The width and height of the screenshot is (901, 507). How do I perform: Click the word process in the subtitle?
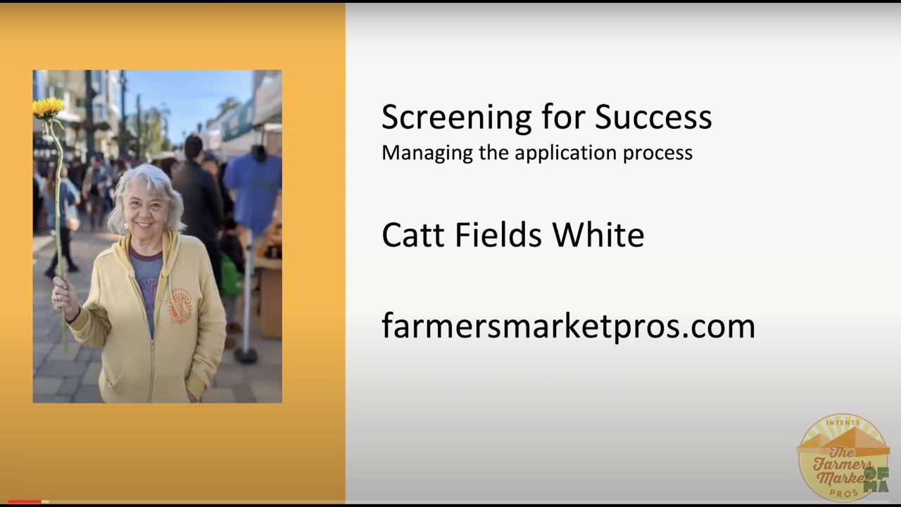pos(662,154)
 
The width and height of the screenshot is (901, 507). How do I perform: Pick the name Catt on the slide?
pos(413,235)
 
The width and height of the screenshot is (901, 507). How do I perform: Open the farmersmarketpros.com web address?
pos(568,326)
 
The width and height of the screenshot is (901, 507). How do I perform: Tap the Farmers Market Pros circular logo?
pos(843,458)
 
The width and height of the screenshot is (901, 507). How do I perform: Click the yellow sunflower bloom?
pos(48,108)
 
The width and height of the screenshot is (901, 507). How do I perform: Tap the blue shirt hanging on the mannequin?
pos(253,183)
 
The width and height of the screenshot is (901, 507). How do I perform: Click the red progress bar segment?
pos(25,501)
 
